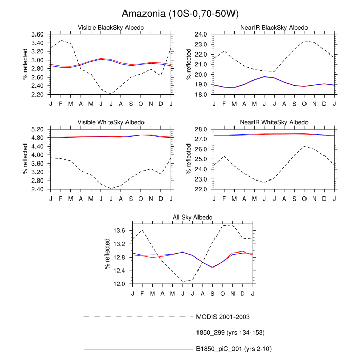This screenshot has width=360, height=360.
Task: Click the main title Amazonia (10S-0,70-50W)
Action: click(x=180, y=13)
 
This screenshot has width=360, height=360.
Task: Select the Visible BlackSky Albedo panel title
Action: click(x=111, y=27)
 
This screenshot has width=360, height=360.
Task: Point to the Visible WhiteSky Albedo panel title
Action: click(x=111, y=122)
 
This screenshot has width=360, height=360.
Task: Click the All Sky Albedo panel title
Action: click(x=192, y=218)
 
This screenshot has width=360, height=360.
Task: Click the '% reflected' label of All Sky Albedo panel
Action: click(x=107, y=255)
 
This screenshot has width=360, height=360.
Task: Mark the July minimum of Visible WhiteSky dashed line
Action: click(x=111, y=188)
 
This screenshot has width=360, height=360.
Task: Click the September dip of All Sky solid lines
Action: click(x=212, y=267)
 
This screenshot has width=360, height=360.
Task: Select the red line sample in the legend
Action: click(x=137, y=350)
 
